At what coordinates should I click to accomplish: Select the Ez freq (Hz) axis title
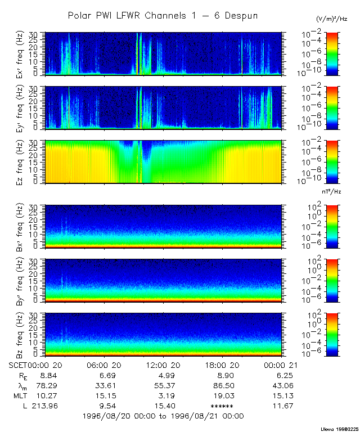pyautogui.click(x=35, y=161)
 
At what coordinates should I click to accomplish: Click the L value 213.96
pyautogui.click(x=43, y=406)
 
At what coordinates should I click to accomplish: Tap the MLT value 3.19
pyautogui.click(x=163, y=395)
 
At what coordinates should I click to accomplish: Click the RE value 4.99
pyautogui.click(x=163, y=375)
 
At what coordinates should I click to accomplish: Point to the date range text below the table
pyautogui.click(x=163, y=416)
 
